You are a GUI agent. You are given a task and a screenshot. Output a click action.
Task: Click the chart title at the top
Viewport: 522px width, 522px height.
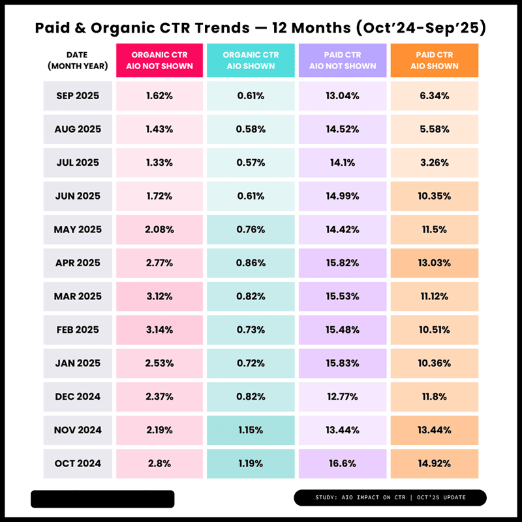pos(260,28)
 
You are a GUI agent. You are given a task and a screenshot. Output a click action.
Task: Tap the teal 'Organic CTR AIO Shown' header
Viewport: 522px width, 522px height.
pos(251,61)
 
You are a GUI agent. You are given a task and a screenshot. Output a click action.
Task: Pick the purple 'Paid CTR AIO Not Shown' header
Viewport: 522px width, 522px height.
pos(343,61)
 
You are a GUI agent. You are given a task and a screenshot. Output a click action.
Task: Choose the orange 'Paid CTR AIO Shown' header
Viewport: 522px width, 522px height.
pos(434,61)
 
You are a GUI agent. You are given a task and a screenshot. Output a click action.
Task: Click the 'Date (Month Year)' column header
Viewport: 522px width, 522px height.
pos(78,61)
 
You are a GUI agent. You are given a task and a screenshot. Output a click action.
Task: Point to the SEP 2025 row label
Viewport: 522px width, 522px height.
pos(78,96)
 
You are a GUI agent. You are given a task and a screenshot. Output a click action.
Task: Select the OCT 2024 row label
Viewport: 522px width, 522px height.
pos(78,464)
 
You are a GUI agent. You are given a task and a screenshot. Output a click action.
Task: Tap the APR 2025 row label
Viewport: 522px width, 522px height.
pos(78,263)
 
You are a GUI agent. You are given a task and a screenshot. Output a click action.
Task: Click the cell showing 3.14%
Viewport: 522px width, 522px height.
pos(159,330)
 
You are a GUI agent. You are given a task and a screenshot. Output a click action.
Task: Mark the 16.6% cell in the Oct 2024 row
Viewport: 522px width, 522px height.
pos(343,464)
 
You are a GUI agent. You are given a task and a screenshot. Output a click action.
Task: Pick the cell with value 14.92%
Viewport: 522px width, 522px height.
pos(434,464)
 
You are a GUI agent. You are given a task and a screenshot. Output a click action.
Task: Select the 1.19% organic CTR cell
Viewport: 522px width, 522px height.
pos(251,464)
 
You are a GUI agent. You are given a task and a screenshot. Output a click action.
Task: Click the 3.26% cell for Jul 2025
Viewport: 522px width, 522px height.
pos(434,162)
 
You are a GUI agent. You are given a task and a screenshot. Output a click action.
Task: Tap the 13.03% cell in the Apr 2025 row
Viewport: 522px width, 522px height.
pos(434,263)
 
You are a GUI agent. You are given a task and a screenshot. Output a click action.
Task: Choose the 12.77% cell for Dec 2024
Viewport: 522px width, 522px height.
pos(343,397)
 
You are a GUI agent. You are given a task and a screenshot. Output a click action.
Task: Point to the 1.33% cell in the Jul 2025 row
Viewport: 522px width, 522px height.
pos(159,162)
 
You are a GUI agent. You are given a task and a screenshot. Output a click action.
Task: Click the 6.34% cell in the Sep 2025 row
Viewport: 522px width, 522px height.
pos(434,96)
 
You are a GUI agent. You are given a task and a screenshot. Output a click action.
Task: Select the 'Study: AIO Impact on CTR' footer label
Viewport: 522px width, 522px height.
pos(390,498)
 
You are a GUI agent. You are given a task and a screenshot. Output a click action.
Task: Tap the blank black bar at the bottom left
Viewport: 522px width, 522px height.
pos(102,499)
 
